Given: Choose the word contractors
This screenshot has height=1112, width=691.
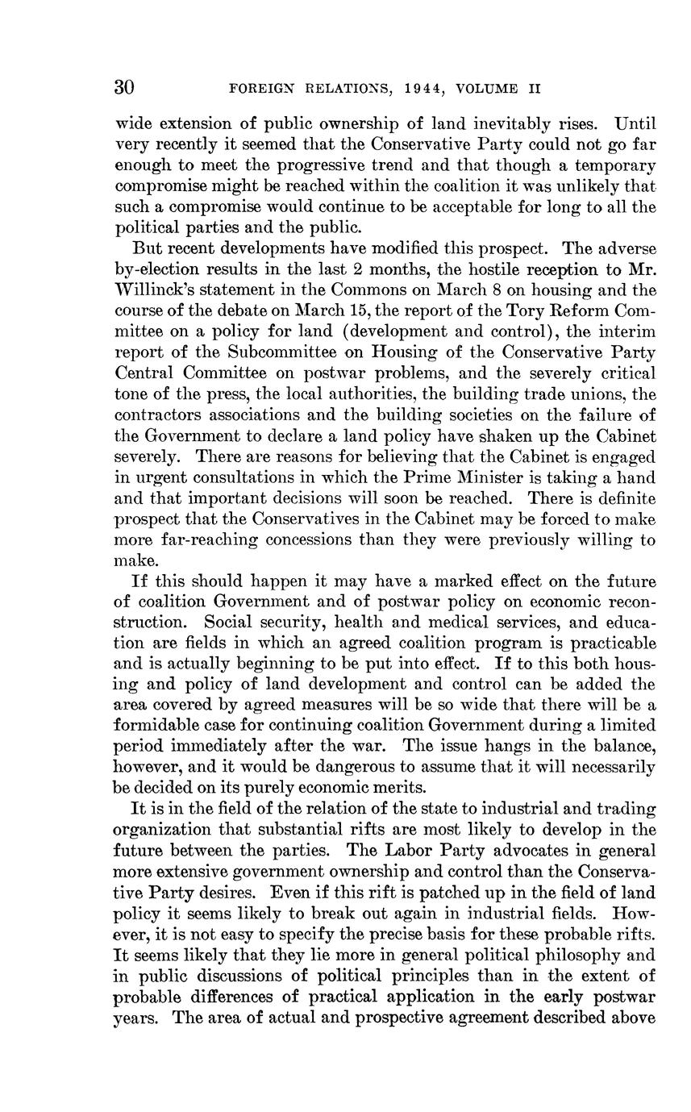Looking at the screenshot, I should pos(160,415).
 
